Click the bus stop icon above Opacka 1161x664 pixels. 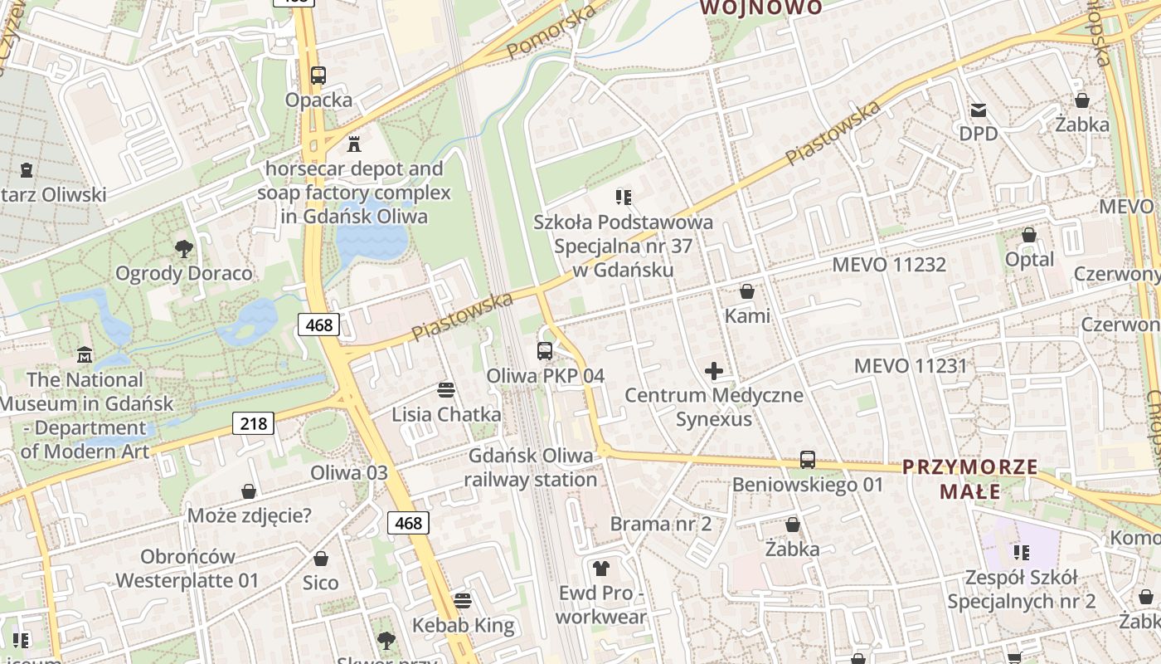click(x=318, y=76)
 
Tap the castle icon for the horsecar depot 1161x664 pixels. click(x=354, y=144)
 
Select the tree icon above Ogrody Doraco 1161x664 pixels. click(x=183, y=248)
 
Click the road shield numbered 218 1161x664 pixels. click(x=253, y=424)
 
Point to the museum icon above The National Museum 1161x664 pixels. click(x=85, y=355)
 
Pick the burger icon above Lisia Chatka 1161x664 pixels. click(x=446, y=390)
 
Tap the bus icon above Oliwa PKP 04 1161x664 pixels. click(x=545, y=351)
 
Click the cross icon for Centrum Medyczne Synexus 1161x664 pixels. click(x=713, y=371)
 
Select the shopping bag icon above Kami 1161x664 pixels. click(x=747, y=292)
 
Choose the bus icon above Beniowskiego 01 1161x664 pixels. click(x=808, y=460)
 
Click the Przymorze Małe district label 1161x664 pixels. click(x=969, y=479)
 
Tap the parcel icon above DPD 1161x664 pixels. click(x=979, y=110)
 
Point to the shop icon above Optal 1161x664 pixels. click(x=1029, y=236)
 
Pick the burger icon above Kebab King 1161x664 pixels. click(x=463, y=600)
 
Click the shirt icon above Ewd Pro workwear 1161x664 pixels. click(x=601, y=569)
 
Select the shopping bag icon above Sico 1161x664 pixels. click(x=321, y=559)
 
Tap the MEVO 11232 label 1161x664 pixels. click(x=888, y=265)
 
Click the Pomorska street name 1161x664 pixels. click(x=551, y=32)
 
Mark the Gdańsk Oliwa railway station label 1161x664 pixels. click(x=531, y=467)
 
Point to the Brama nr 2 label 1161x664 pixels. click(x=660, y=524)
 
